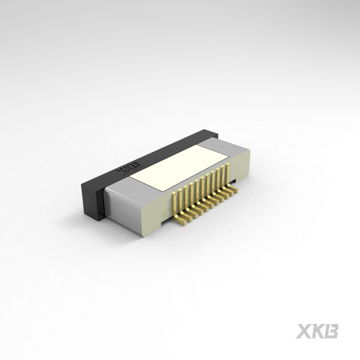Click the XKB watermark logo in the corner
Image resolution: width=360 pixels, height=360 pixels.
[x=317, y=331]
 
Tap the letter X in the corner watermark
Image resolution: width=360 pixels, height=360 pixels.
[x=304, y=331]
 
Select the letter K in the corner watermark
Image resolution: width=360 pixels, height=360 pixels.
[x=317, y=331]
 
